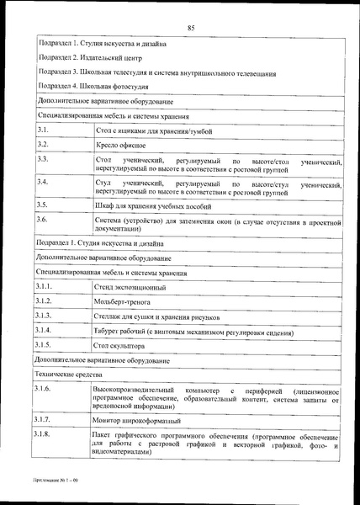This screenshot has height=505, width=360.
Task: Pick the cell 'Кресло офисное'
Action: tap(119, 145)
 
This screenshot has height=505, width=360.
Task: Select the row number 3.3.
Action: tap(43, 159)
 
